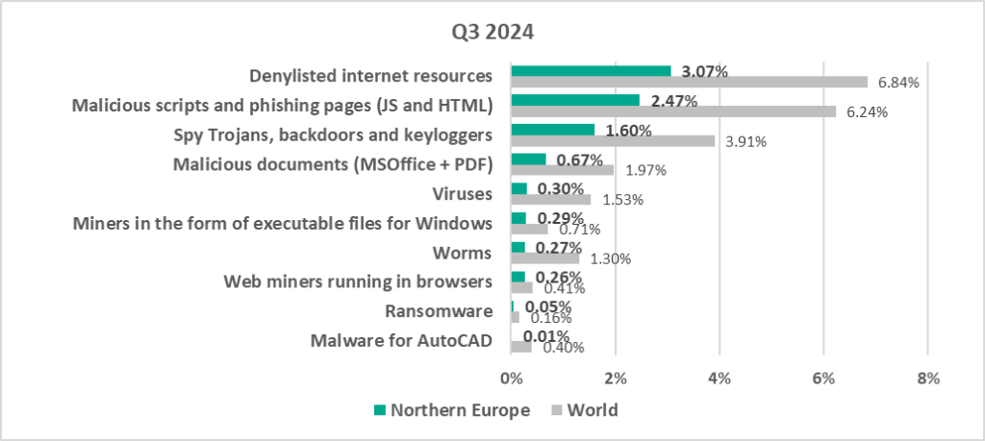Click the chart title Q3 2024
pos(492,31)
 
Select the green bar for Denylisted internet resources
pos(591,70)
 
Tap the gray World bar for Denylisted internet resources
pos(689,82)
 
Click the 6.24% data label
pos(867,111)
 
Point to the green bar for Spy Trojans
pos(552,130)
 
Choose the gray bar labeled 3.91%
pos(613,141)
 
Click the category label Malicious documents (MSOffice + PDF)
pos(333,163)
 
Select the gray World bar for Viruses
pos(550,200)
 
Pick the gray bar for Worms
pos(544,258)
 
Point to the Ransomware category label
pos(439,311)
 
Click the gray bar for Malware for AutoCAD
pos(521,347)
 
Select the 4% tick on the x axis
pos(720,379)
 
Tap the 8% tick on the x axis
pos(927,379)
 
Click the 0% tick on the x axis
pos(512,379)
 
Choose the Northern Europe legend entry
pos(452,410)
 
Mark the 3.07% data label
pos(704,71)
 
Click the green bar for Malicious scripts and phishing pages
pos(575,100)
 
